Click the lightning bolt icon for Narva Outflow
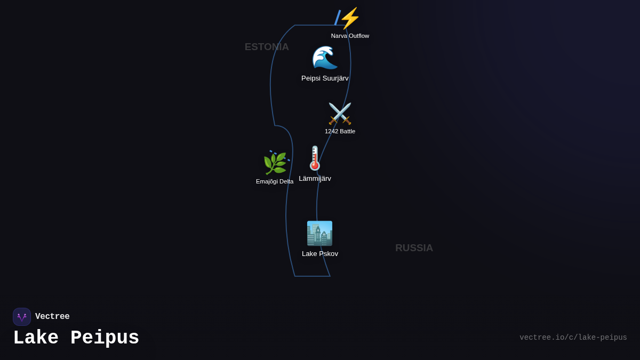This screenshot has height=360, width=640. pyautogui.click(x=350, y=18)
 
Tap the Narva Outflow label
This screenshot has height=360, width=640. pyautogui.click(x=350, y=36)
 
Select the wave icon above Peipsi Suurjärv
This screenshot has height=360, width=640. pyautogui.click(x=325, y=58)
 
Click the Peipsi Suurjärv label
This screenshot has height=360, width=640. pyautogui.click(x=325, y=78)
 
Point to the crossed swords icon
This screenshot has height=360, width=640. pyautogui.click(x=340, y=114)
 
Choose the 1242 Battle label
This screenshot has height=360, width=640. pyautogui.click(x=340, y=131)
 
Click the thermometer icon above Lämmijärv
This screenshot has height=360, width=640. pyautogui.click(x=315, y=158)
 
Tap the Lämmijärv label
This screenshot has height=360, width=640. pyautogui.click(x=315, y=179)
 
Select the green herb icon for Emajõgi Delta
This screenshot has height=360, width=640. pyautogui.click(x=275, y=164)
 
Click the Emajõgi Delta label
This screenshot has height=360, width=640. pyautogui.click(x=275, y=181)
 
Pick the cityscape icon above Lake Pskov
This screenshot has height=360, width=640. pyautogui.click(x=319, y=233)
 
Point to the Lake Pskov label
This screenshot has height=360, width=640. pyautogui.click(x=320, y=254)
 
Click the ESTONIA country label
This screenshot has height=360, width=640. pyautogui.click(x=267, y=47)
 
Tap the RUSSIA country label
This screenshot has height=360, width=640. pyautogui.click(x=414, y=248)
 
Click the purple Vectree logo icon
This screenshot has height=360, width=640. pyautogui.click(x=22, y=317)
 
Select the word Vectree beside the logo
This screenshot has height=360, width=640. pyautogui.click(x=52, y=317)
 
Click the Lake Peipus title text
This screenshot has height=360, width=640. pyautogui.click(x=76, y=338)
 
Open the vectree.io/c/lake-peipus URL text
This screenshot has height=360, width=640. pyautogui.click(x=573, y=338)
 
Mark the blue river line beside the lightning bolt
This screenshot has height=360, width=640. pyautogui.click(x=337, y=18)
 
